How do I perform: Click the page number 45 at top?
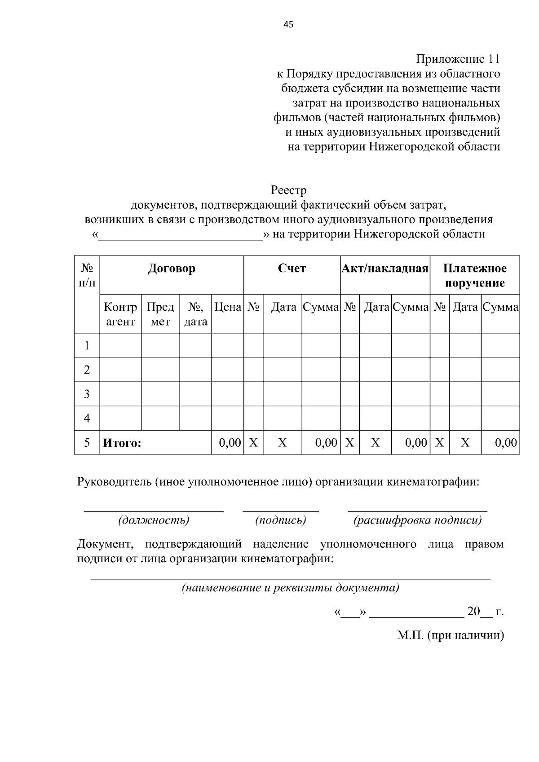tap(288, 25)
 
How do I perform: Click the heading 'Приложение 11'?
tap(457, 59)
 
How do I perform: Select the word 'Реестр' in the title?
tap(288, 191)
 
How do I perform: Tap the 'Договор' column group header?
tap(172, 269)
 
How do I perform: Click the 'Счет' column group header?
tap(292, 269)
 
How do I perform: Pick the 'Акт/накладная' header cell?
tap(385, 269)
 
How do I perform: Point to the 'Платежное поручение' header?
tap(475, 275)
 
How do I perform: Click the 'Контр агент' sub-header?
tap(120, 314)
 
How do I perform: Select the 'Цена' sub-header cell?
tap(228, 308)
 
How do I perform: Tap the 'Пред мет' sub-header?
tap(160, 314)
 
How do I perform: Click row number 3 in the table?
tap(87, 394)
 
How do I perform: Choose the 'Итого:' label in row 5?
tap(122, 443)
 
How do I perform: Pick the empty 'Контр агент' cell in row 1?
tap(120, 345)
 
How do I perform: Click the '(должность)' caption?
tap(154, 520)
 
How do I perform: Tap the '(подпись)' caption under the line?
tap(281, 520)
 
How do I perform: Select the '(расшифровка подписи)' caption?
tap(417, 520)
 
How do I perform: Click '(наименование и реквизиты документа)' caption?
tap(290, 588)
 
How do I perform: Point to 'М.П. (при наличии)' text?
tap(451, 635)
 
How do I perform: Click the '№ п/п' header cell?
tap(87, 275)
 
